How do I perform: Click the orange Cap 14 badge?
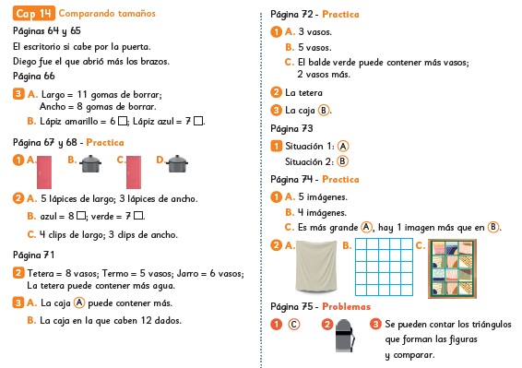[34, 13]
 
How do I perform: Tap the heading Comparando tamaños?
[107, 13]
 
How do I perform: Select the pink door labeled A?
[44, 172]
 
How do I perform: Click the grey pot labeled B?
[90, 164]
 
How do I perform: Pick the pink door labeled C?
[134, 172]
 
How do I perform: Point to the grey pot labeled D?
[177, 164]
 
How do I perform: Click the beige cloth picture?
[316, 267]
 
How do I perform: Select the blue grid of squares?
[384, 267]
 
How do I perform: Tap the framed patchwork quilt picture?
[452, 268]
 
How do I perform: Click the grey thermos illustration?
[345, 336]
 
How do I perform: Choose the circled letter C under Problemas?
[293, 325]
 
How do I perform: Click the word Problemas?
[346, 307]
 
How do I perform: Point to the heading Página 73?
[291, 128]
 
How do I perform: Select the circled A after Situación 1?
[343, 147]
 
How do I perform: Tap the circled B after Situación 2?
[342, 161]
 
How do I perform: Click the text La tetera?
[303, 92]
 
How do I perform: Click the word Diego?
[23, 62]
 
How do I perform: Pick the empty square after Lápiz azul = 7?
[198, 121]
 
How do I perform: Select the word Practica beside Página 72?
[340, 15]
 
